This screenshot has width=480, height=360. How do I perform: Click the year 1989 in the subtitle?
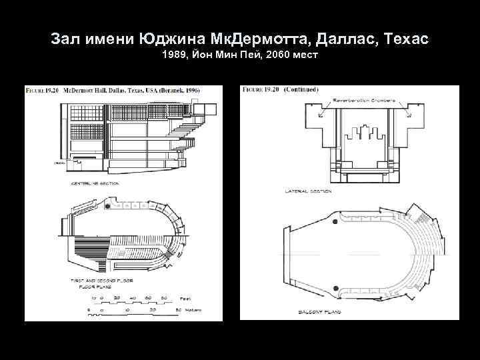click(x=174, y=55)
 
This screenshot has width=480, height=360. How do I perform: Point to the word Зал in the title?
click(x=65, y=39)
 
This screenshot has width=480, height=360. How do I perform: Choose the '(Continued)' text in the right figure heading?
click(x=301, y=89)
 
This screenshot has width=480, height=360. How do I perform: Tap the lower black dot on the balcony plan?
click(x=335, y=288)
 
